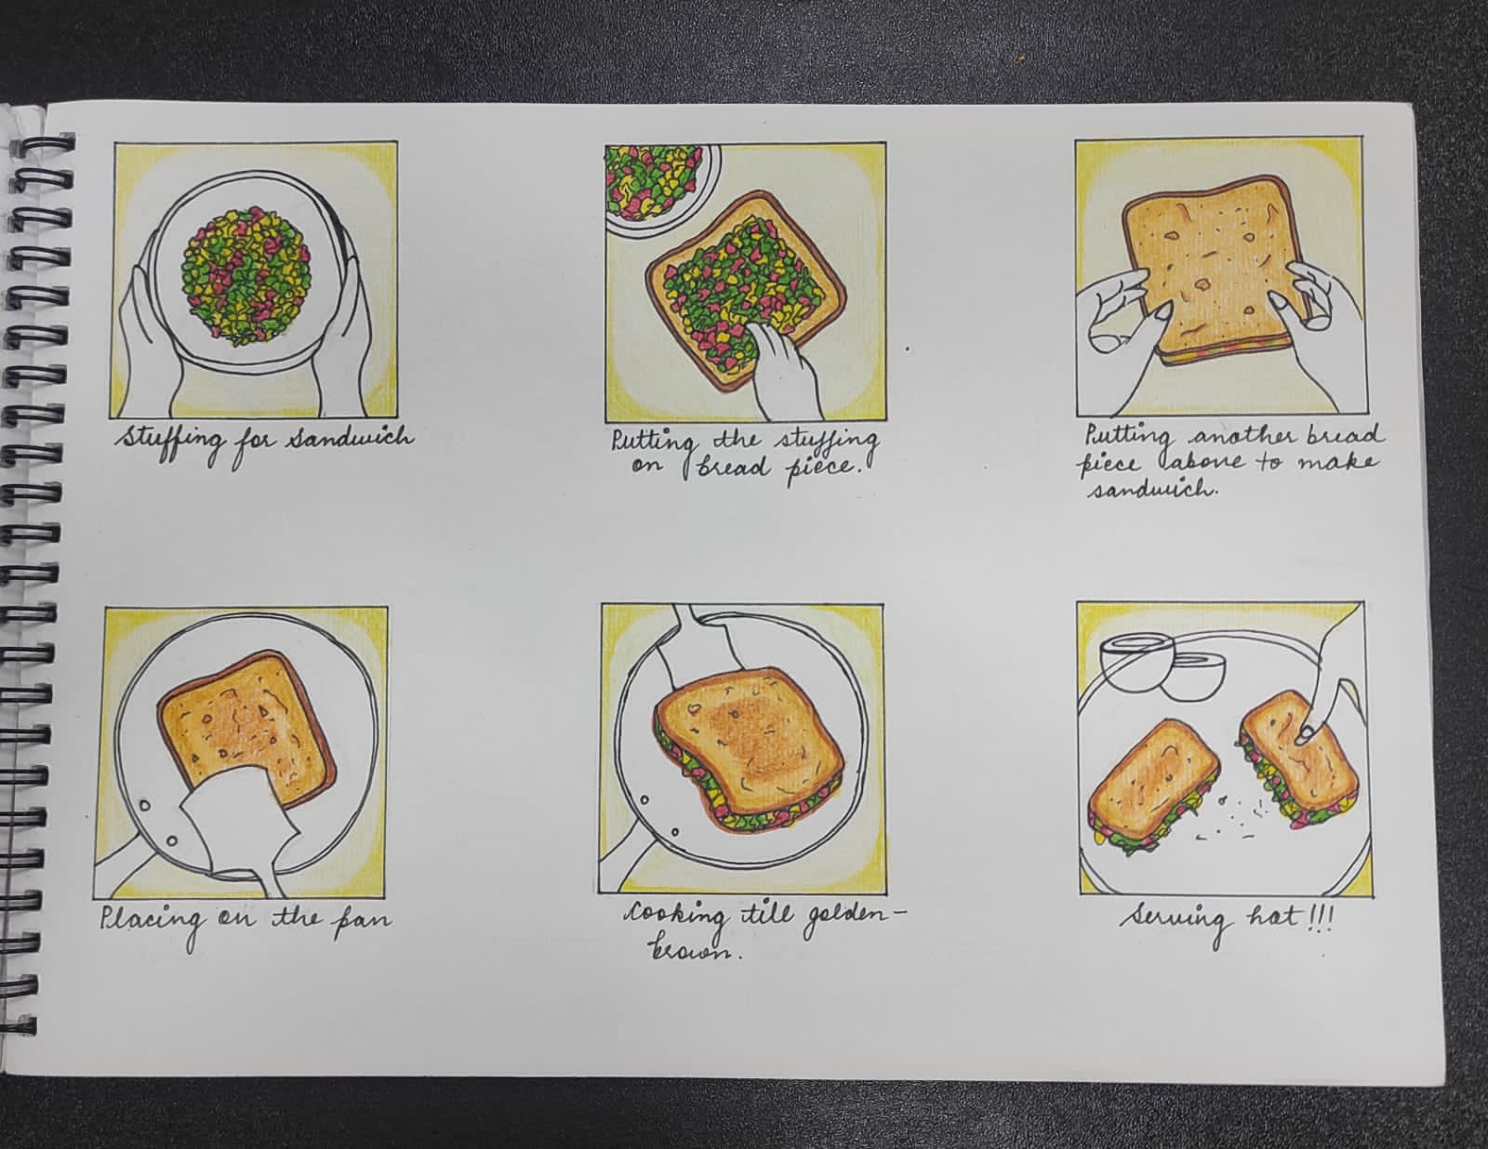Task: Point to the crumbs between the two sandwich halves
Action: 1232,818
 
